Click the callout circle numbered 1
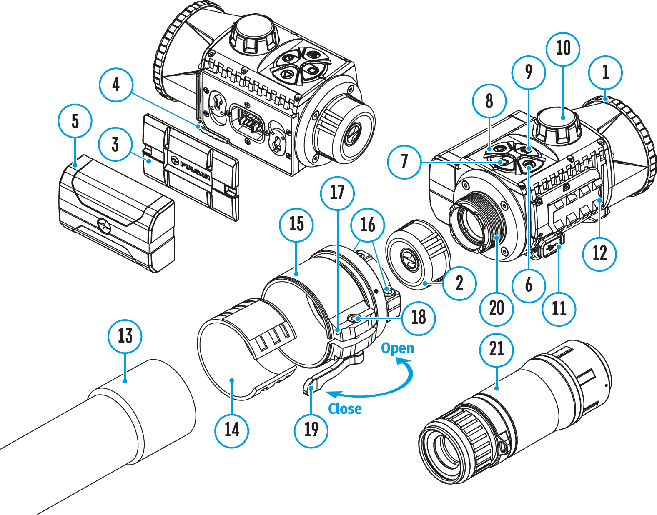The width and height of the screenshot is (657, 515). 605,72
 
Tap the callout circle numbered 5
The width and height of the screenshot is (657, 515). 75,121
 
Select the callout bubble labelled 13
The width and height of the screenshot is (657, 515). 125,336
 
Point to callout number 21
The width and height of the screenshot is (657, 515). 497,349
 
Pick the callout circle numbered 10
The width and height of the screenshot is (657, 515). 563,49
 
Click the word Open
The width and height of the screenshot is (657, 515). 397,348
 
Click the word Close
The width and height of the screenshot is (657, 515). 345,409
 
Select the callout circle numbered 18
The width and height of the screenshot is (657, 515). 419,318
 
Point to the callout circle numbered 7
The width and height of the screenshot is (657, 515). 404,162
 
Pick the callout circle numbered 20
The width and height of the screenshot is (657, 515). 497,308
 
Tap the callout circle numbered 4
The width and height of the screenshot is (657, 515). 116,85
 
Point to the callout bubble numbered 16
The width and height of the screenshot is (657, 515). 368,225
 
